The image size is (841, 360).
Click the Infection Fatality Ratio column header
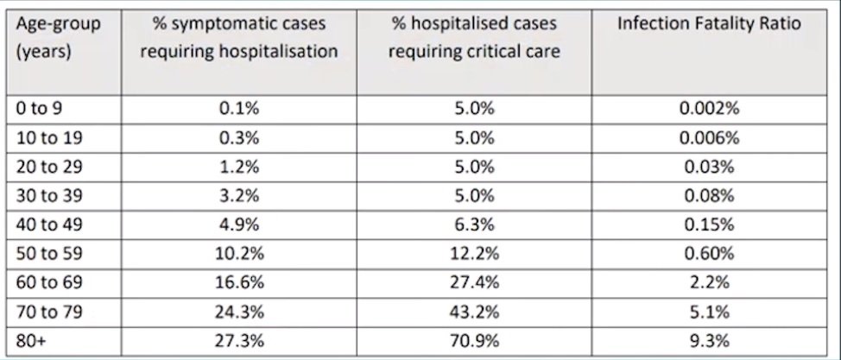(709, 24)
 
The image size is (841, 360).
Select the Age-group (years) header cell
(59, 38)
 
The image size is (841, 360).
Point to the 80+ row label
(31, 341)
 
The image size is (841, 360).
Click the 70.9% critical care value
(474, 341)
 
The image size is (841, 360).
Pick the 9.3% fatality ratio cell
(709, 341)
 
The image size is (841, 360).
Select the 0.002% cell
(709, 109)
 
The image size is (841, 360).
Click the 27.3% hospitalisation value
(239, 341)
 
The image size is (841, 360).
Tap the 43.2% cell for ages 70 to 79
(474, 312)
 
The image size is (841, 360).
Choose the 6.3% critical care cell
(474, 224)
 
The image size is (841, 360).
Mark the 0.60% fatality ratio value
(709, 254)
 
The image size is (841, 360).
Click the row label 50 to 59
(49, 254)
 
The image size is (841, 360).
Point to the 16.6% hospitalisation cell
(239, 283)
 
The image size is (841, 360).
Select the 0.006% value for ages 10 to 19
(709, 138)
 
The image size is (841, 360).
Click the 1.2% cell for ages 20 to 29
(239, 167)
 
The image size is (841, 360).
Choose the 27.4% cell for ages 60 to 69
(474, 283)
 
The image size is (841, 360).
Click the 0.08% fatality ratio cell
(709, 196)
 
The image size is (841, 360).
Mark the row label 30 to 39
(49, 196)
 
